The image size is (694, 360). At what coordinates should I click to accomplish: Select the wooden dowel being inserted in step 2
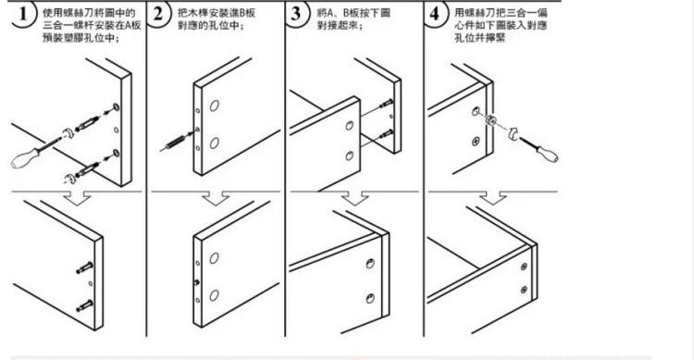click(x=180, y=143)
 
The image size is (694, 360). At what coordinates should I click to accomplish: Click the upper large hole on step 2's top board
click(x=214, y=108)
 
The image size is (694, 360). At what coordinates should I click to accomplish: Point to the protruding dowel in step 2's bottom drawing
click(x=196, y=281)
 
